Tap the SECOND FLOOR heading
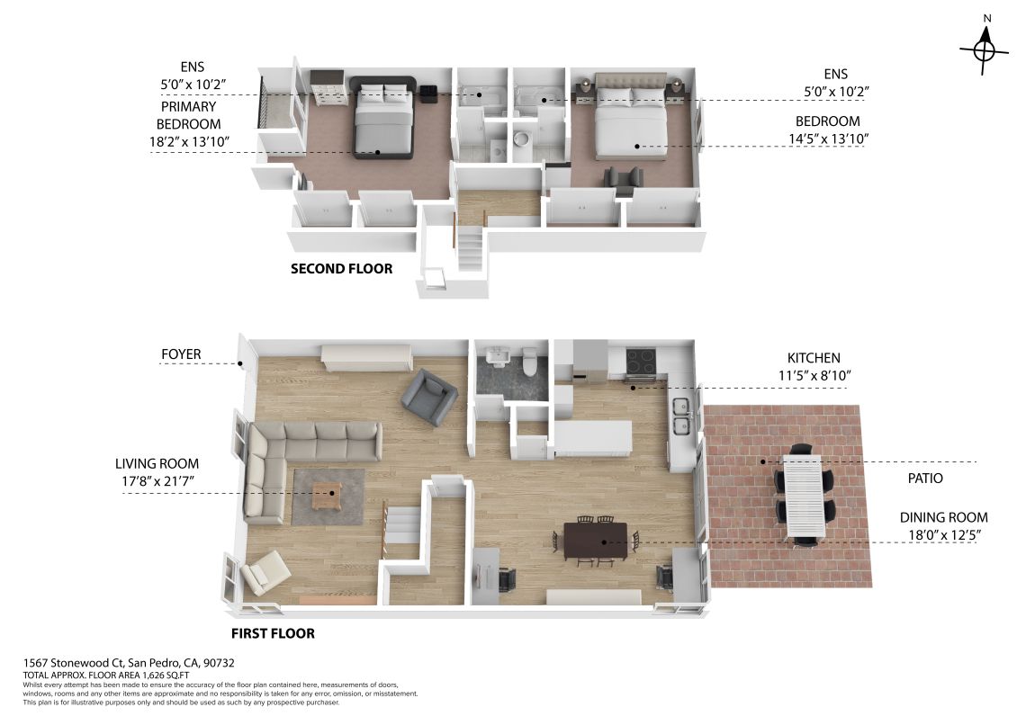[x=342, y=269]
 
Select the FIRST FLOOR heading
[x=273, y=633]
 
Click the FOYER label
[x=181, y=354]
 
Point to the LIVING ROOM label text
[x=157, y=463]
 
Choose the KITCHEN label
[x=814, y=358]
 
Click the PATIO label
[x=925, y=478]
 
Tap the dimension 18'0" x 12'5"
[x=944, y=535]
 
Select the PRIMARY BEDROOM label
[x=189, y=115]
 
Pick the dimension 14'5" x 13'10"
[x=828, y=139]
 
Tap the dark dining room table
[x=596, y=541]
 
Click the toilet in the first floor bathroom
[x=530, y=362]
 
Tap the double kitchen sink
[x=682, y=416]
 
